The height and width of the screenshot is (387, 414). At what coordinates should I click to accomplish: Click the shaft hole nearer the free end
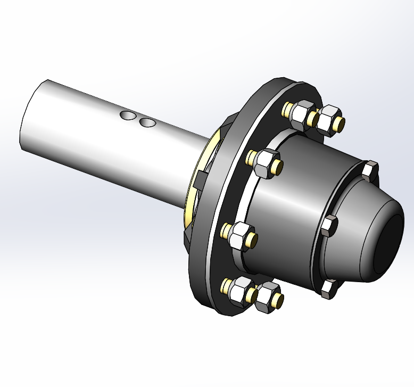tap(128, 116)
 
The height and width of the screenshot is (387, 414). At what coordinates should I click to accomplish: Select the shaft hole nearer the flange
tap(147, 123)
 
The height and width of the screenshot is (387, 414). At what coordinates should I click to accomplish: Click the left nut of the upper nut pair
tap(303, 114)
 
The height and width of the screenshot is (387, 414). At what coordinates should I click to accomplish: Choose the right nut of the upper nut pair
tap(328, 118)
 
